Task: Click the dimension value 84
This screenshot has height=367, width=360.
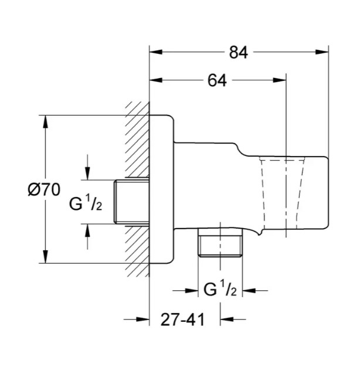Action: coord(237,53)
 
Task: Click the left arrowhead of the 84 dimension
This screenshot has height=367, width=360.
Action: coord(155,53)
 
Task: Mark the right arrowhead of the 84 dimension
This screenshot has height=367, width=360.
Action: coord(324,53)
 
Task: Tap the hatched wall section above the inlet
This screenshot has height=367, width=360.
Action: coord(137,141)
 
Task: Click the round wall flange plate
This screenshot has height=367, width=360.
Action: coord(163,188)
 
